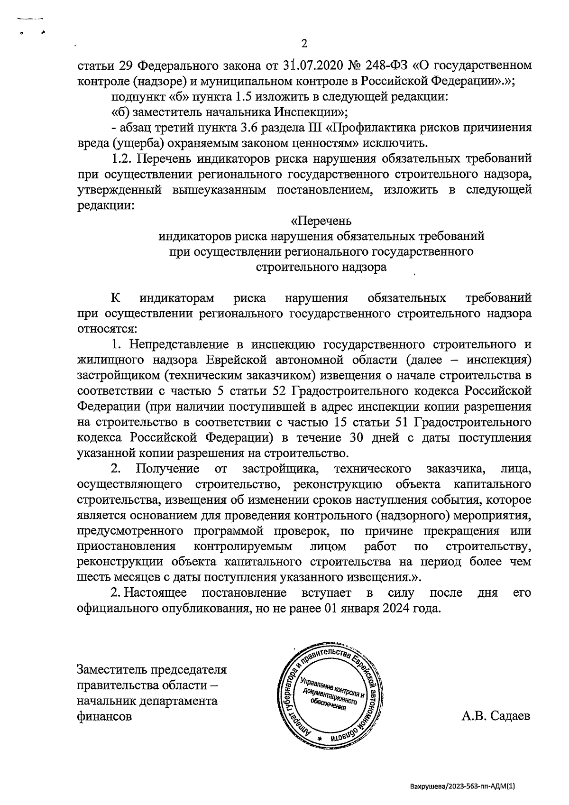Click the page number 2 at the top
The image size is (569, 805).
(x=304, y=44)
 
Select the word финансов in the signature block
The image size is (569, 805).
(x=104, y=716)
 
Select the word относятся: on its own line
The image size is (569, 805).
(x=108, y=328)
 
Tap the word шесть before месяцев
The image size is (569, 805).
(x=92, y=577)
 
